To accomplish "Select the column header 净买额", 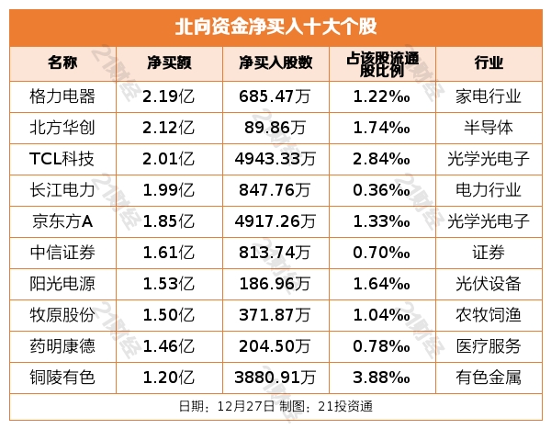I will pyautogui.click(x=168, y=63).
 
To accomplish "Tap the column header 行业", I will pyautogui.click(x=489, y=63).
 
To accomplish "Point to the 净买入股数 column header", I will pyautogui.click(x=275, y=63).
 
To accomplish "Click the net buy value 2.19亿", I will pyautogui.click(x=168, y=96).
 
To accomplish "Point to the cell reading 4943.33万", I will pyautogui.click(x=275, y=158).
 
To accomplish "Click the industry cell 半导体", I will pyautogui.click(x=489, y=127).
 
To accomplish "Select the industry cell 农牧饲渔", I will pyautogui.click(x=489, y=314).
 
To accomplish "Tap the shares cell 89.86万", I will pyautogui.click(x=275, y=127).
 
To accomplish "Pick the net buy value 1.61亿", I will pyautogui.click(x=168, y=252).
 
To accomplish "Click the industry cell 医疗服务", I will pyautogui.click(x=489, y=345).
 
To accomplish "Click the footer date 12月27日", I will pyautogui.click(x=242, y=406).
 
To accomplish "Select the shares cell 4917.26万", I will pyautogui.click(x=275, y=220).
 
